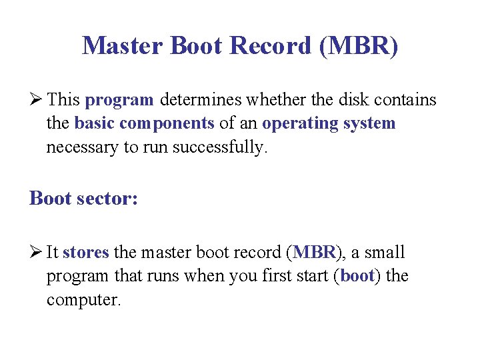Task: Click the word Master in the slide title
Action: pos(123,45)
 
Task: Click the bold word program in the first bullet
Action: pos(120,101)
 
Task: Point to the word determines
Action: pos(202,101)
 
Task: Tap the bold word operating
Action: pos(293,124)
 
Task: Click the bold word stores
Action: pos(86,253)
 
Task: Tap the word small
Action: pos(385,253)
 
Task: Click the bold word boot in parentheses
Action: pos(356,276)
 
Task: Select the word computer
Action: pos(83,299)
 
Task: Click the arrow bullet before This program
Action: pos(36,101)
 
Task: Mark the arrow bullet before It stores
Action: pos(36,253)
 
